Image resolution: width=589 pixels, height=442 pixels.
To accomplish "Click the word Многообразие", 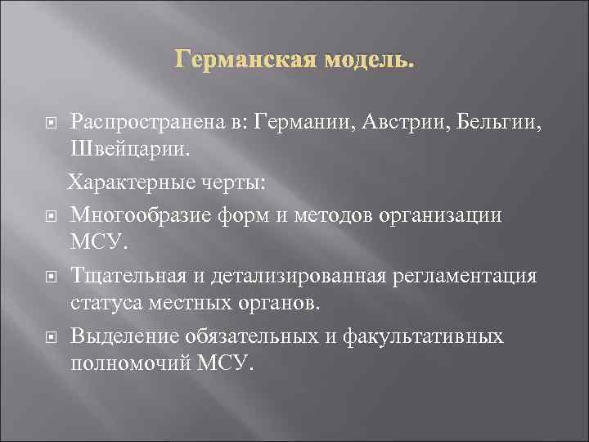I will pos(145,214).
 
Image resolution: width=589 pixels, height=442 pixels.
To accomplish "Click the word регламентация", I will pos(461,275).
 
